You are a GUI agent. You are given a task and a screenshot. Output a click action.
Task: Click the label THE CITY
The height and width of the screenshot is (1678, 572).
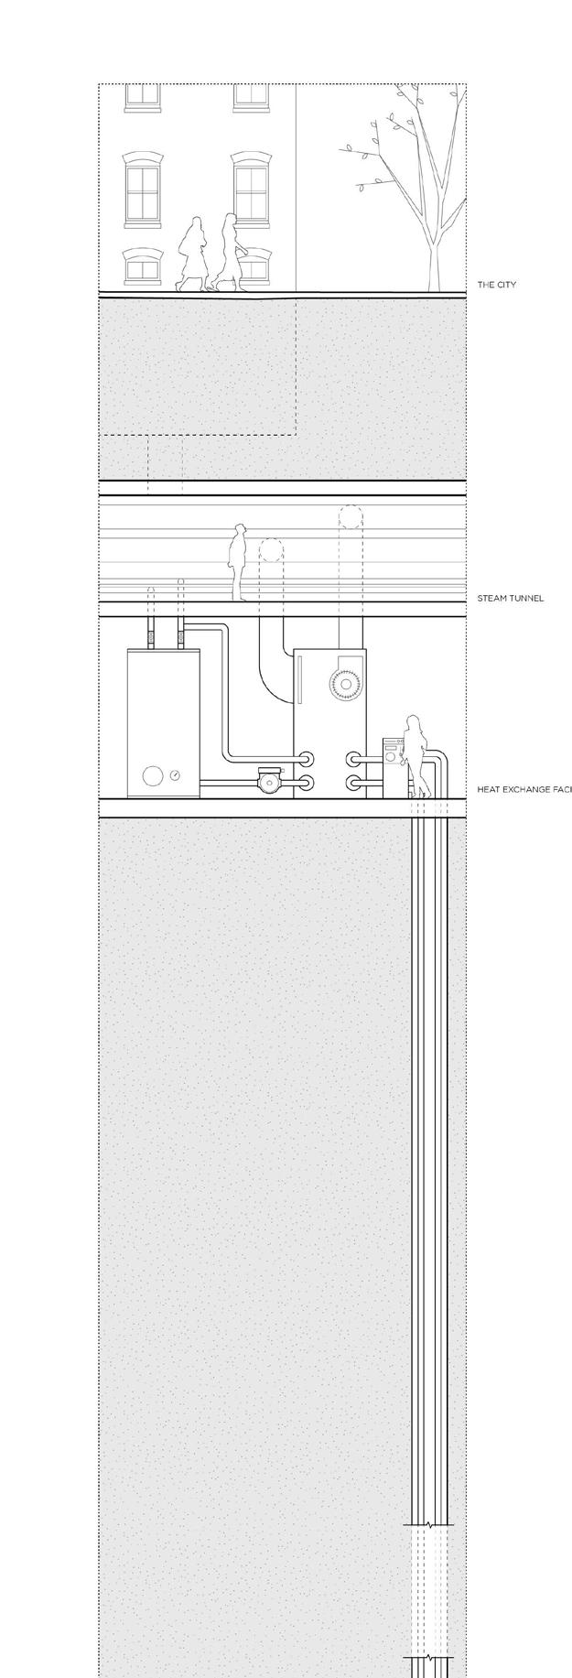(x=497, y=285)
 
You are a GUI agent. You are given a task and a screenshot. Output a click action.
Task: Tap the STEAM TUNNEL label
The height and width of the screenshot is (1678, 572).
(x=511, y=598)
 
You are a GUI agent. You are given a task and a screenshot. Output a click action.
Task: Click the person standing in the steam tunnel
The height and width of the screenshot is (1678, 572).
(x=239, y=560)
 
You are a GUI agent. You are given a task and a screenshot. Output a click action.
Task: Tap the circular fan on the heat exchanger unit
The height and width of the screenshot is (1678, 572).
(x=346, y=683)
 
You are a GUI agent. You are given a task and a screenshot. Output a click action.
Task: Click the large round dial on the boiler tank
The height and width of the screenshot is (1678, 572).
(x=151, y=777)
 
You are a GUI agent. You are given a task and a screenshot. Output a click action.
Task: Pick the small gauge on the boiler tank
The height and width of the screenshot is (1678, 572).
(x=175, y=775)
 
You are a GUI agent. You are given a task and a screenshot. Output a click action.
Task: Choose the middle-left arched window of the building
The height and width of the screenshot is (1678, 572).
(x=142, y=189)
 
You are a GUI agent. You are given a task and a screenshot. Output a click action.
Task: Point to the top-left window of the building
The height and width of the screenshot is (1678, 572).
(x=142, y=94)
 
